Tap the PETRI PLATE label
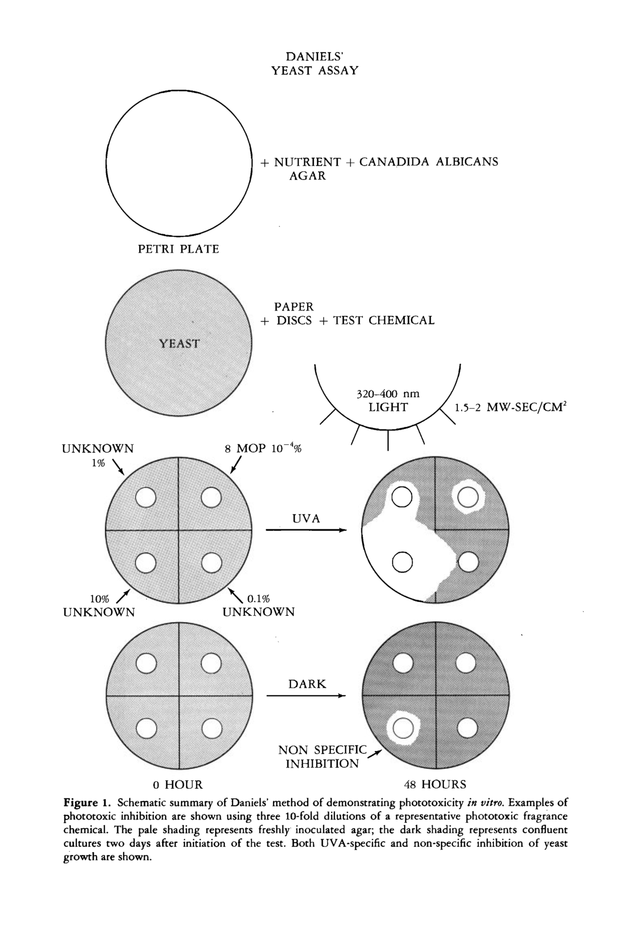coord(178,249)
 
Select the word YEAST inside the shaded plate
coord(179,344)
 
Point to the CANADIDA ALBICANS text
coord(428,162)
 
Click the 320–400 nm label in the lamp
coord(388,394)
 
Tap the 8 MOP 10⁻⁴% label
coord(263,448)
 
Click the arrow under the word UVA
coord(306,530)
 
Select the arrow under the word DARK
coord(306,695)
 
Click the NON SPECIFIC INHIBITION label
coord(322,756)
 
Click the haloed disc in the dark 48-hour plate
coord(402,728)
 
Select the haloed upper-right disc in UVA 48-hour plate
coord(468,498)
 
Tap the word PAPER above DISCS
coord(293,307)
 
